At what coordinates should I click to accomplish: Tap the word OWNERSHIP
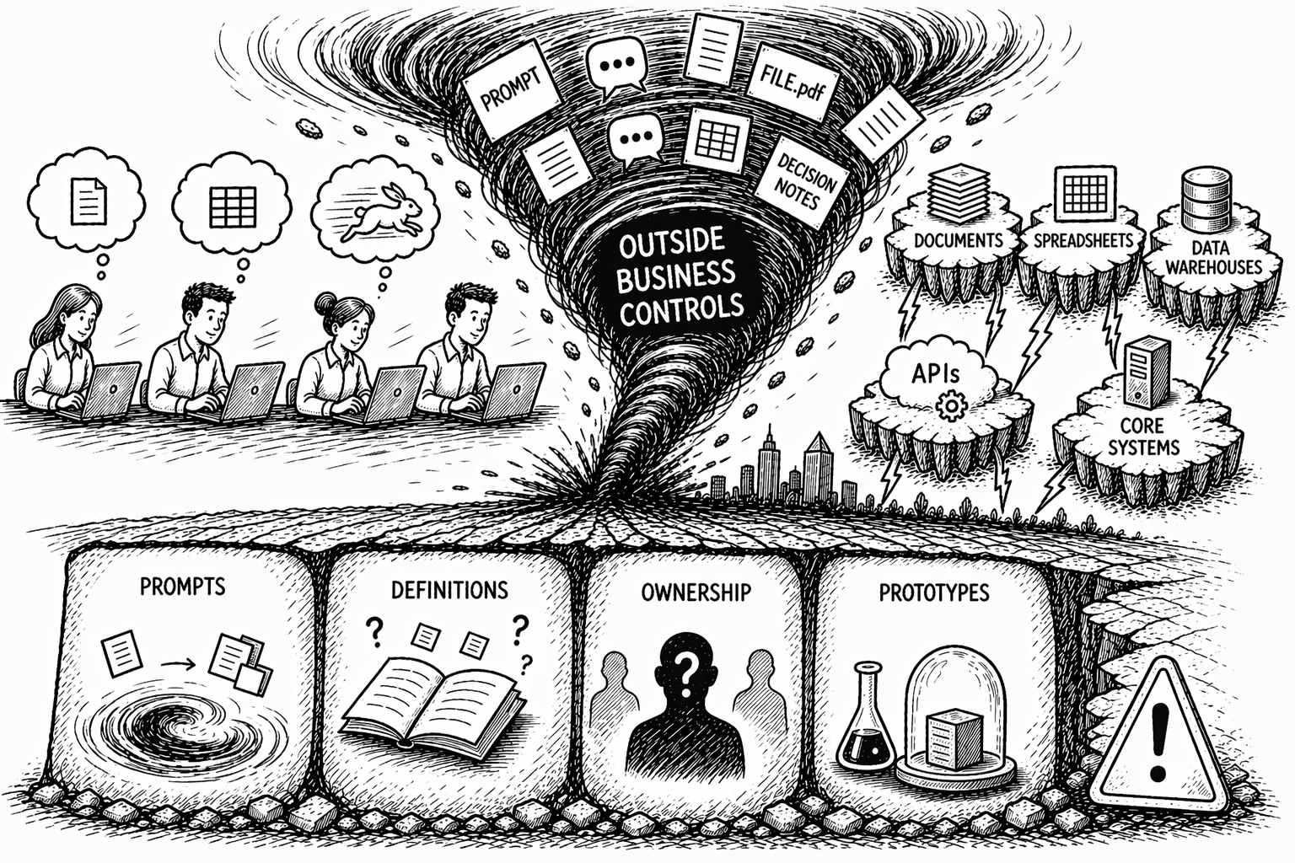click(696, 592)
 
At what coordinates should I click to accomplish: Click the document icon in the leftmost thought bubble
click(88, 201)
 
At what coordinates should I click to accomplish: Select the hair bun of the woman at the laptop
click(326, 301)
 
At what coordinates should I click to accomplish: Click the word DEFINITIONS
click(449, 590)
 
